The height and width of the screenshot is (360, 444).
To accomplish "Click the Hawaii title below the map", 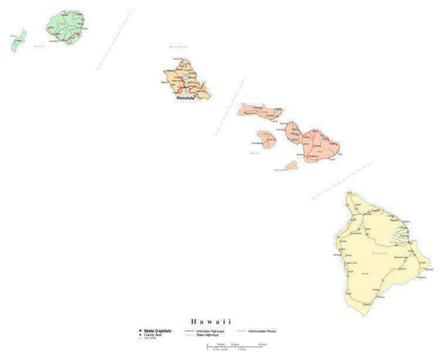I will click(211, 322).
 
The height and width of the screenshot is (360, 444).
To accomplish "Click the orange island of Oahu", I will click(185, 78).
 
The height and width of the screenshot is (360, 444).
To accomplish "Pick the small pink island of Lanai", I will click(264, 138).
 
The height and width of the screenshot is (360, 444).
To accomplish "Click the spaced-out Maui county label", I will click(256, 152).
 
